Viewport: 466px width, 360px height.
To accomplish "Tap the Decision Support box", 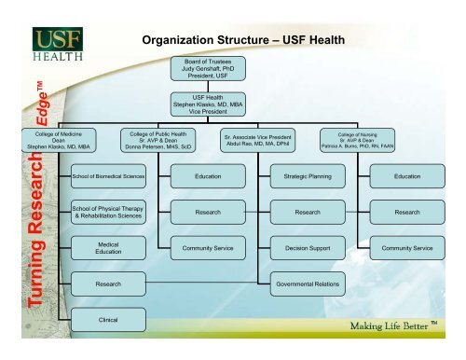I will point(307,249).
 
